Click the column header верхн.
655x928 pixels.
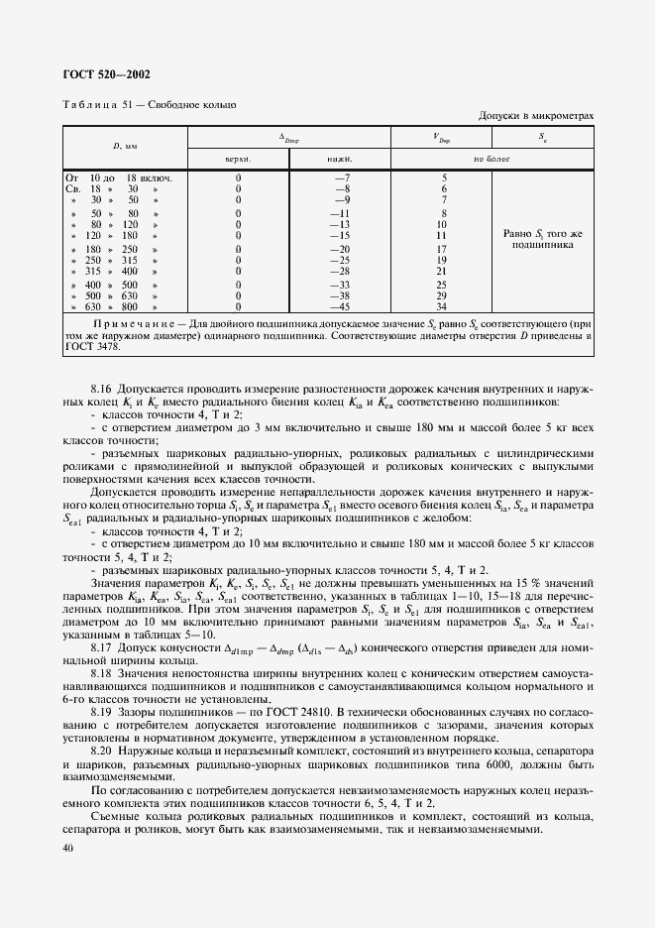(239, 158)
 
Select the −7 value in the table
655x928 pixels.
(343, 178)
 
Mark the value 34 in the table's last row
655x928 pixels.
(442, 306)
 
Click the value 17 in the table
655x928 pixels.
(442, 249)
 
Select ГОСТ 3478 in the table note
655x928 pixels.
(91, 347)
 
